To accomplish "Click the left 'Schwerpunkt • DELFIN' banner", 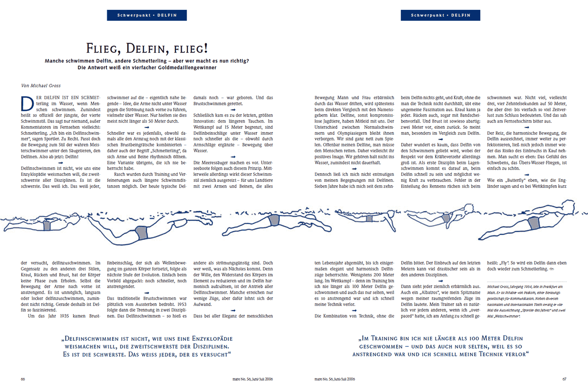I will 147,15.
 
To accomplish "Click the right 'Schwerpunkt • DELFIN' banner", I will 440,15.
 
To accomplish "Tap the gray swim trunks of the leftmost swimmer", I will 47,226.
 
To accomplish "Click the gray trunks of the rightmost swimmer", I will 533,222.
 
